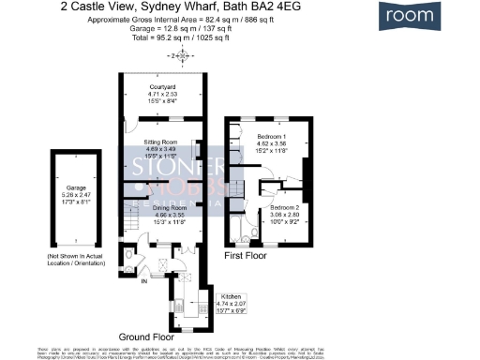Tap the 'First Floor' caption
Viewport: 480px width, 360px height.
pyautogui.click(x=245, y=254)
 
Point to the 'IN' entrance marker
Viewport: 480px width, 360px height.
pyautogui.click(x=143, y=278)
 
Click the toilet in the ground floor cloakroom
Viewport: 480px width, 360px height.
pyautogui.click(x=128, y=254)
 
